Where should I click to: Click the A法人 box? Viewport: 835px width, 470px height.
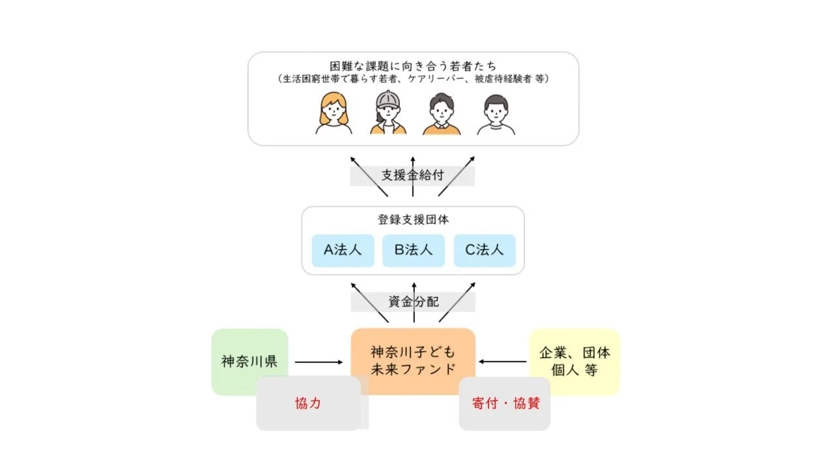click(x=343, y=251)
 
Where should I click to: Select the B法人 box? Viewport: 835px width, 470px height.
click(x=414, y=251)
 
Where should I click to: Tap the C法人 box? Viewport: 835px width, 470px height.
click(x=485, y=251)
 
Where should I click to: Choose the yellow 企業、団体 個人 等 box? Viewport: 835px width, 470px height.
click(x=575, y=362)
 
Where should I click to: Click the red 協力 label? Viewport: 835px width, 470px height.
click(x=308, y=403)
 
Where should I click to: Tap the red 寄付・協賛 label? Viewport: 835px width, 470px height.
click(x=505, y=403)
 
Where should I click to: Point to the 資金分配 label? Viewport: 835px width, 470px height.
click(x=414, y=302)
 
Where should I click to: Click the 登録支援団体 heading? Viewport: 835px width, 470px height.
click(x=413, y=220)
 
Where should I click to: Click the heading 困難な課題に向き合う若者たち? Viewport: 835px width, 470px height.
click(x=413, y=66)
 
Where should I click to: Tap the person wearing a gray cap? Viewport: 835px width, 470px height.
click(x=388, y=112)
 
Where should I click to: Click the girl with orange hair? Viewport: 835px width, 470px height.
click(x=333, y=114)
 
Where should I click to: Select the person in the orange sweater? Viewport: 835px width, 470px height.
click(x=442, y=114)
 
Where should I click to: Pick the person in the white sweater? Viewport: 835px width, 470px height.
click(x=496, y=115)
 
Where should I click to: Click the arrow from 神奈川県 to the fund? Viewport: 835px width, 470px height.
click(x=318, y=362)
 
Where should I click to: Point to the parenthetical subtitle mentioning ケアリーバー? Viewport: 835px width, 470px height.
click(x=413, y=79)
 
